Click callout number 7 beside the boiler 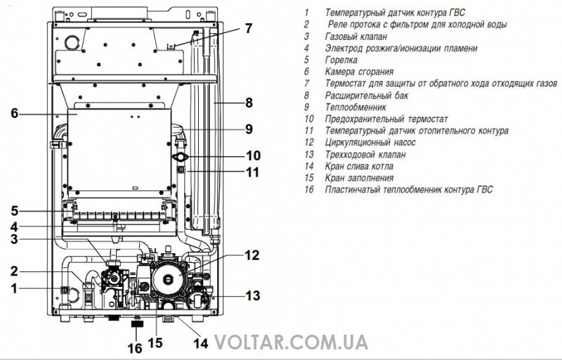tap(249, 28)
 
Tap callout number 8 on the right tap(249, 103)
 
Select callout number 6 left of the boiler tap(14, 113)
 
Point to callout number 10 tap(253, 155)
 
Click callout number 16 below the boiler tap(135, 348)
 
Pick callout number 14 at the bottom tap(201, 343)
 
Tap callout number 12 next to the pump tap(251, 255)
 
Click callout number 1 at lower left tap(14, 288)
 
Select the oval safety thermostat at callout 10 tap(181, 157)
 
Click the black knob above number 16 tap(137, 324)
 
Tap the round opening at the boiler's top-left tap(72, 42)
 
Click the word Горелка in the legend tap(341, 60)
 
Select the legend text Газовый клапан tap(356, 37)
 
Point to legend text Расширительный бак tap(366, 96)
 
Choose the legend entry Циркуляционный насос tap(370, 143)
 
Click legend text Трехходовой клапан tap(365, 155)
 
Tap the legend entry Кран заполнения tap(359, 178)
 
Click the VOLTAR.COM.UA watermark tap(292, 342)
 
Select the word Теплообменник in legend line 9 tap(355, 107)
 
